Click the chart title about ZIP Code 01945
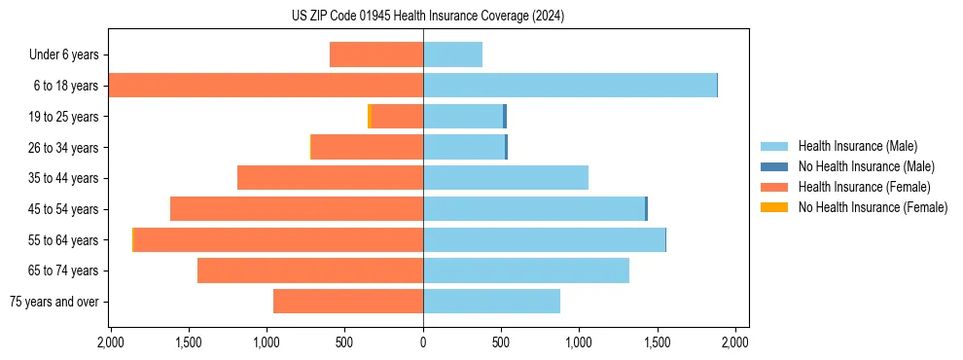point(427,17)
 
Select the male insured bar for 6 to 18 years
point(569,86)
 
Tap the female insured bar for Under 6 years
point(376,54)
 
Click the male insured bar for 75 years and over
point(491,302)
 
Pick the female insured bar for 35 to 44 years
point(330,178)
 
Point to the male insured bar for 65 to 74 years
point(525,270)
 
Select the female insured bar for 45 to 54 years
point(297,209)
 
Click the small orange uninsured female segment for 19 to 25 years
point(370,117)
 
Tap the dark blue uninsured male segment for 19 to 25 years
point(505,117)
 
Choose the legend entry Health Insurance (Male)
point(856,146)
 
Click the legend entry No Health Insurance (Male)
point(866,166)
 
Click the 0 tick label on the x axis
point(423,343)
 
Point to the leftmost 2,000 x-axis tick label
point(110,343)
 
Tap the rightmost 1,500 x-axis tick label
point(657,343)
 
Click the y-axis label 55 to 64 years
point(63,240)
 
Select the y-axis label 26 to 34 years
point(63,148)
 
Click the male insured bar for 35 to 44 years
point(506,178)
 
